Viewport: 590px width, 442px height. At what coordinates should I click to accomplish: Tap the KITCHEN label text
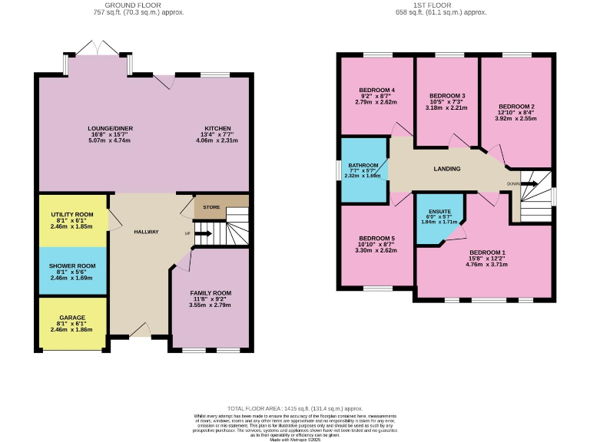(x=217, y=128)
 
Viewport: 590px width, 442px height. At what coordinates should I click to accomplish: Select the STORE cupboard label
(x=211, y=207)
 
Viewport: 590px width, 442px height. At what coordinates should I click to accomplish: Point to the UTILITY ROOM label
(x=72, y=214)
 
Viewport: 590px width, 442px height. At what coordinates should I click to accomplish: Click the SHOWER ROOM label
(x=72, y=266)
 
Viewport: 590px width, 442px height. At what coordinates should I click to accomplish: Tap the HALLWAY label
(x=146, y=232)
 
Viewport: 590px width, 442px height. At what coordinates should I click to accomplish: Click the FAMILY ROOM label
(x=210, y=293)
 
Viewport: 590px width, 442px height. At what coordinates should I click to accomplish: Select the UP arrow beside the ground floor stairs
(x=203, y=233)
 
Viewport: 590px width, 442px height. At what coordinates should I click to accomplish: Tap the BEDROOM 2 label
(x=516, y=107)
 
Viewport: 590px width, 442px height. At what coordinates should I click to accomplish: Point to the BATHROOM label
(x=363, y=165)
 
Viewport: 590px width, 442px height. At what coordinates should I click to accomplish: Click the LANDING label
(x=447, y=169)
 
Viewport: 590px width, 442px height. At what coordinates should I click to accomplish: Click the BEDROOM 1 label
(x=488, y=252)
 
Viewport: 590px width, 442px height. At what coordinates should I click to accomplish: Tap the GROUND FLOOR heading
(x=138, y=5)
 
